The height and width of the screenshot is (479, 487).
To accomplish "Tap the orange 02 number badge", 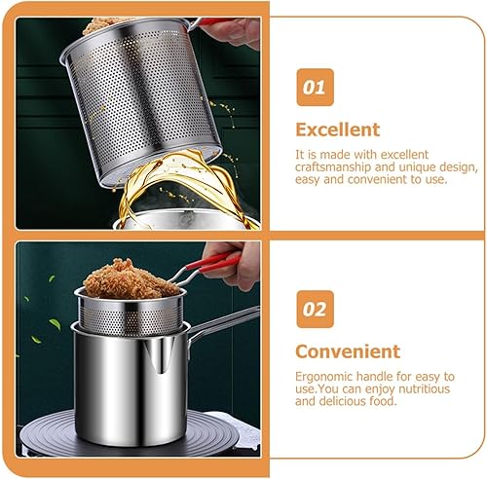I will point(314,311).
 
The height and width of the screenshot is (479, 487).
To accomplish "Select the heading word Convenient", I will point(348,351).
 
